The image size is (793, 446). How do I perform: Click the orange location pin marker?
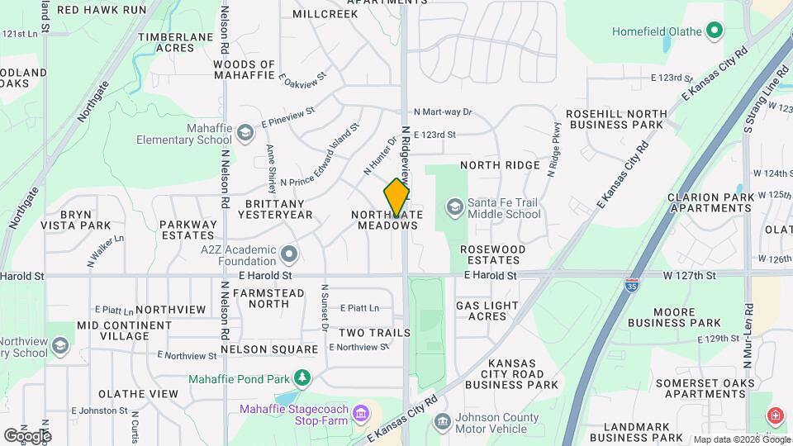pyautogui.click(x=396, y=197)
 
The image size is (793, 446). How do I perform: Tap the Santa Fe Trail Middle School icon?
pyautogui.click(x=454, y=206)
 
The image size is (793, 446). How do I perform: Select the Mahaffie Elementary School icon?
pyautogui.click(x=245, y=132)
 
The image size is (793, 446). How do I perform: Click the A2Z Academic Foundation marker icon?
pyautogui.click(x=288, y=252)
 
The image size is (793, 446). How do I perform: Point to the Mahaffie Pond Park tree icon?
pyautogui.click(x=303, y=377)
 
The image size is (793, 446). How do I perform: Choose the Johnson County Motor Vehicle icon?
pyautogui.click(x=443, y=422)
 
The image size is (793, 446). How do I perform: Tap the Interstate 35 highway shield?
pyautogui.click(x=631, y=286)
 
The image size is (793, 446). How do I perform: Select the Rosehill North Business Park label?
pyautogui.click(x=615, y=119)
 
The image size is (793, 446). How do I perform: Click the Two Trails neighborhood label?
pyautogui.click(x=374, y=333)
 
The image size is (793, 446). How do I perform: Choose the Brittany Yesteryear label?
pyautogui.click(x=275, y=209)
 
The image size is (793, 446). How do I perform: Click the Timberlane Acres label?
pyautogui.click(x=177, y=43)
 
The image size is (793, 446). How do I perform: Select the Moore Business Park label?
pyautogui.click(x=674, y=316)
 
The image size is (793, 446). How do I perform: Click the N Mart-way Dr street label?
pyautogui.click(x=442, y=111)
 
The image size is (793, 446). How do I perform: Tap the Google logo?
pyautogui.click(x=26, y=435)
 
